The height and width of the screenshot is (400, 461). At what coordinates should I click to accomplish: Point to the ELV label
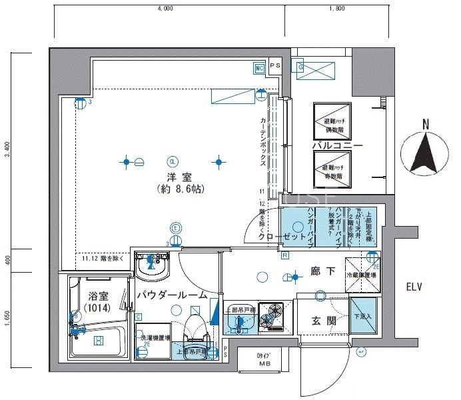[419, 287]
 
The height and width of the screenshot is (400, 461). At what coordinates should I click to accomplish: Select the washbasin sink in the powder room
[152, 269]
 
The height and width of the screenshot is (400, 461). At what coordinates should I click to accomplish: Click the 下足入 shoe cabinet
[364, 317]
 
